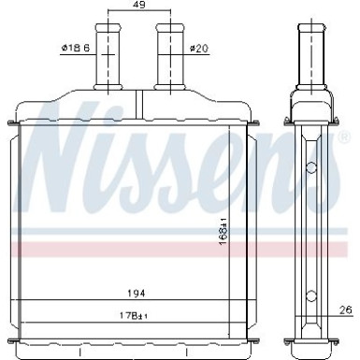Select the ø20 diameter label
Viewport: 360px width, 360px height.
198,49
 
